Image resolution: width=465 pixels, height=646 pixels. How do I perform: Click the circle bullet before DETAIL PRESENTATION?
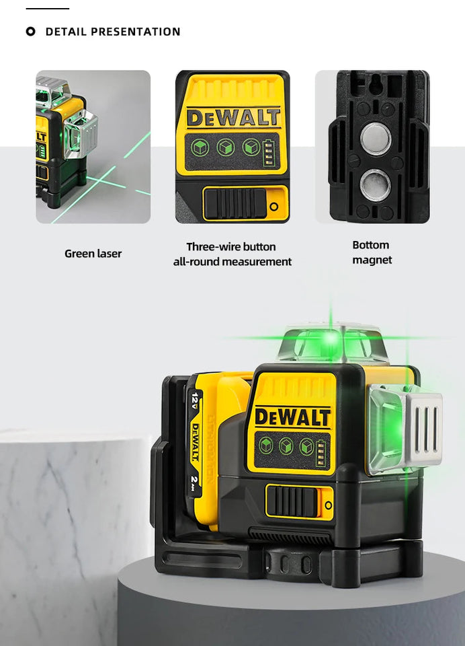(x=30, y=32)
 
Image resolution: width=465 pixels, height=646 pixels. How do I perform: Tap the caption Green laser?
(x=93, y=254)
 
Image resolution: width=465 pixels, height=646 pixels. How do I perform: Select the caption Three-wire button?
(x=231, y=247)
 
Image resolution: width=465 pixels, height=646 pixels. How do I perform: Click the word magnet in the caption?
(x=372, y=260)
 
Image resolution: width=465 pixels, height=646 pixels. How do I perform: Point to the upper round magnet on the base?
(x=375, y=139)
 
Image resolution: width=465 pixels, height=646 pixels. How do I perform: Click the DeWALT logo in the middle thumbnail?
(x=232, y=117)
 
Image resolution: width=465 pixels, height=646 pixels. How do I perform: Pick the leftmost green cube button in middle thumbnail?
(x=199, y=147)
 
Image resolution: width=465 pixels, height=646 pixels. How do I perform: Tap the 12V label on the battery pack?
(x=196, y=401)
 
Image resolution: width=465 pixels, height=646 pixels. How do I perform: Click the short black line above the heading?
(x=47, y=9)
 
